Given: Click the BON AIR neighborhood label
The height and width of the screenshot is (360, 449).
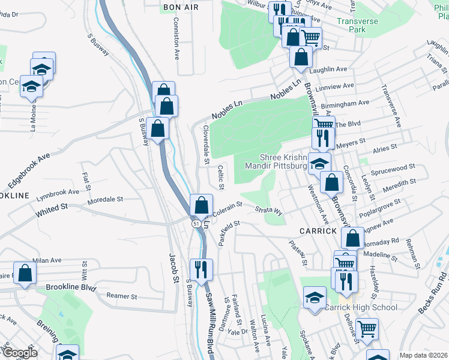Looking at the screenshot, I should tap(176, 6).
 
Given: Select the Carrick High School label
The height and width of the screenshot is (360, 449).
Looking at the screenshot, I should tap(361, 308).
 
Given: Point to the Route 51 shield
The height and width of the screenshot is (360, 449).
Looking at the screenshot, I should tap(196, 223).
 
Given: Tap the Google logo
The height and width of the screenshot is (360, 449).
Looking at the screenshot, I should tap(19, 353).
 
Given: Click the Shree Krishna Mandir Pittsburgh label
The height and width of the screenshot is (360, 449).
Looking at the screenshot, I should tap(284, 161).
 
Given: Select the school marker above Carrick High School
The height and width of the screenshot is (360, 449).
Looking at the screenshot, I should tap(315, 298).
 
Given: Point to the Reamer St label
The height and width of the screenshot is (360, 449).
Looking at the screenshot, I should tap(122, 296).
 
